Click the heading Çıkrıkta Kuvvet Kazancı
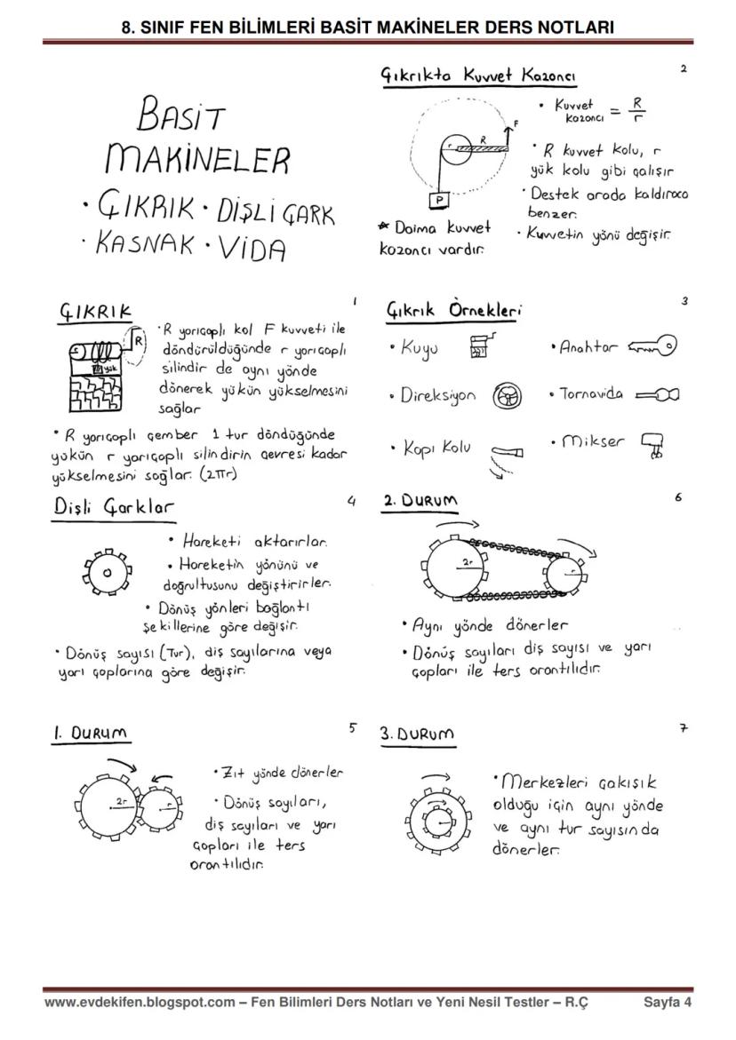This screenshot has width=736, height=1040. pos(478,77)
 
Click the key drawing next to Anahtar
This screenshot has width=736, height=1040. pos(652,347)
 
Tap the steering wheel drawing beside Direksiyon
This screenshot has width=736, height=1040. pos(507,396)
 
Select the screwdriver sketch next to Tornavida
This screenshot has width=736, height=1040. pos(658,394)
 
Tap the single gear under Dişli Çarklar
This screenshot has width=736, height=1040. pos(107,573)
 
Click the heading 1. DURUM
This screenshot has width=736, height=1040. pos(89,734)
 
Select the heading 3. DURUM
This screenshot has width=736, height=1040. pos(417,734)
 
